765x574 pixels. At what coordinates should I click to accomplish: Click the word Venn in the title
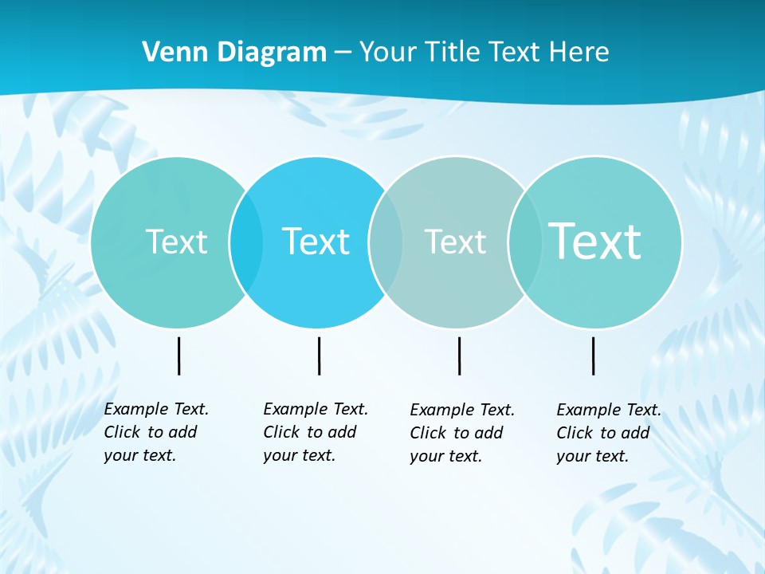pyautogui.click(x=171, y=53)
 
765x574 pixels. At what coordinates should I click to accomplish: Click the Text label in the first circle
pyautogui.click(x=176, y=242)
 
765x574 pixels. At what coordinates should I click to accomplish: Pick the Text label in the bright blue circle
pyautogui.click(x=316, y=242)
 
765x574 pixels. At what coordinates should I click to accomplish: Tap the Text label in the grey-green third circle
pyautogui.click(x=455, y=242)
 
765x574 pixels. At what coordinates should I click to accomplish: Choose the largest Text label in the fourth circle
pyautogui.click(x=595, y=241)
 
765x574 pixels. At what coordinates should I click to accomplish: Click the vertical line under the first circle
pyautogui.click(x=178, y=356)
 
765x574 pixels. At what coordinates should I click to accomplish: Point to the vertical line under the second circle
pyautogui.click(x=319, y=356)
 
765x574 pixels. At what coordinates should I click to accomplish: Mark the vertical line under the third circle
pyautogui.click(x=459, y=356)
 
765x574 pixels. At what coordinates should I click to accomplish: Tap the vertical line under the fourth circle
pyautogui.click(x=593, y=356)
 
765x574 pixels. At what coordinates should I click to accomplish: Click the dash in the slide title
pyautogui.click(x=342, y=53)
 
